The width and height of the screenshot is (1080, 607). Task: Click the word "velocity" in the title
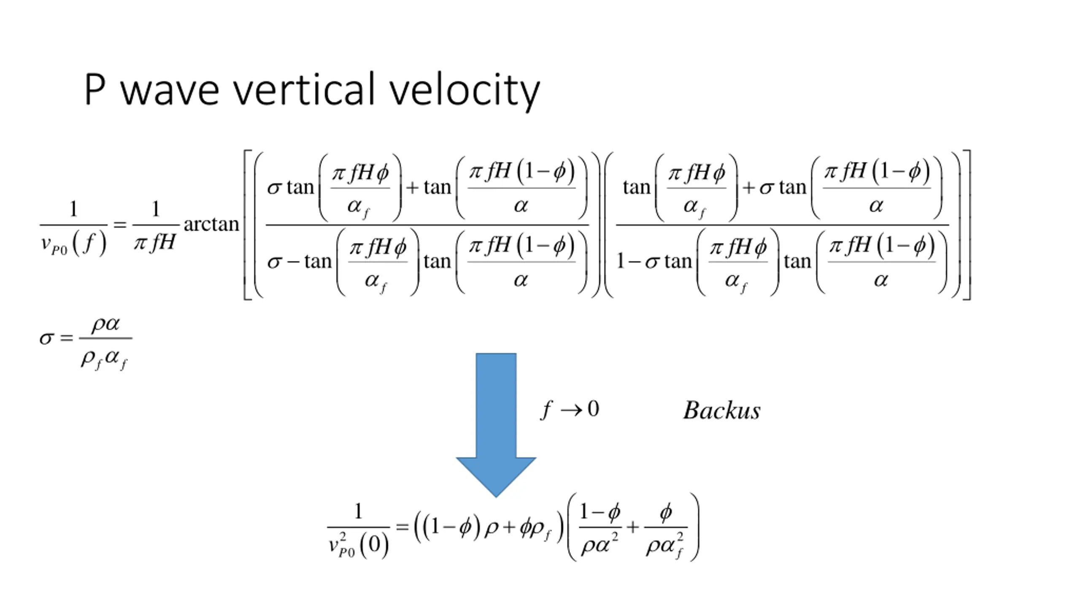click(x=464, y=90)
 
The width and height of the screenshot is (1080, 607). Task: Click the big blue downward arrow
click(x=496, y=422)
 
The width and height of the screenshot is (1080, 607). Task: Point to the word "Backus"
click(x=722, y=410)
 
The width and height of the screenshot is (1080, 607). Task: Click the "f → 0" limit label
click(x=570, y=409)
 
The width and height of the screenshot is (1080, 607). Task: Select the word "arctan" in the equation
click(x=211, y=224)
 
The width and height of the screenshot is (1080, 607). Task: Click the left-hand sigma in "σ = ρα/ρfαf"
click(x=46, y=338)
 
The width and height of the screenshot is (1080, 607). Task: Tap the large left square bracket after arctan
click(x=248, y=225)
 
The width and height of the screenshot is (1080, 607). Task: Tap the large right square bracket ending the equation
click(x=967, y=225)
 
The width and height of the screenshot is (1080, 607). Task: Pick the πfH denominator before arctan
click(x=154, y=243)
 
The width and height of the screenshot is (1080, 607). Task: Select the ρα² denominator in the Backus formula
click(x=599, y=545)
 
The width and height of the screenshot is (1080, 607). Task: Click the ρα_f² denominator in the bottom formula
click(x=665, y=546)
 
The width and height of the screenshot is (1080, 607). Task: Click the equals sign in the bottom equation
click(x=402, y=526)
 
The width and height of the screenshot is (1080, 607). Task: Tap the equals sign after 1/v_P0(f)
click(x=120, y=225)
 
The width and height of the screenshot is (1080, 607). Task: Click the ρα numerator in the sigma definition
click(x=106, y=324)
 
